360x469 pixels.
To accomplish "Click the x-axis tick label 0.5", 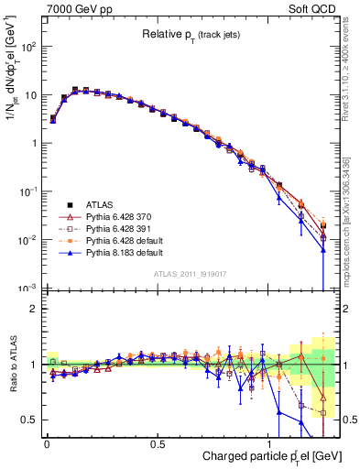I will (158, 442).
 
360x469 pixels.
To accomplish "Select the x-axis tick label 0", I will (47, 442).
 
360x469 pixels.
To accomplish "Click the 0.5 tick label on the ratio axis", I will (29, 420).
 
